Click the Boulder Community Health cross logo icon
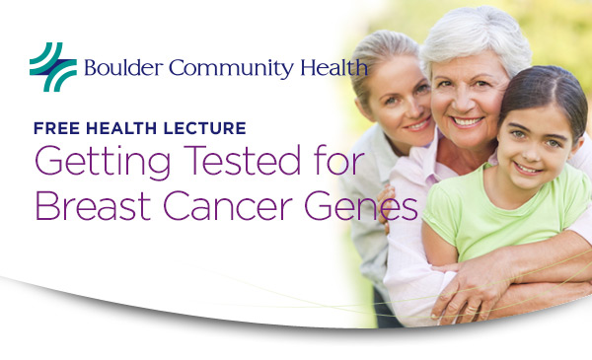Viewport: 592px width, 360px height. click(x=52, y=66)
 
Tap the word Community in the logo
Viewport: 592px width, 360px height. click(x=217, y=70)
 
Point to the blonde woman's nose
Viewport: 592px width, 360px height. click(x=406, y=108)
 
